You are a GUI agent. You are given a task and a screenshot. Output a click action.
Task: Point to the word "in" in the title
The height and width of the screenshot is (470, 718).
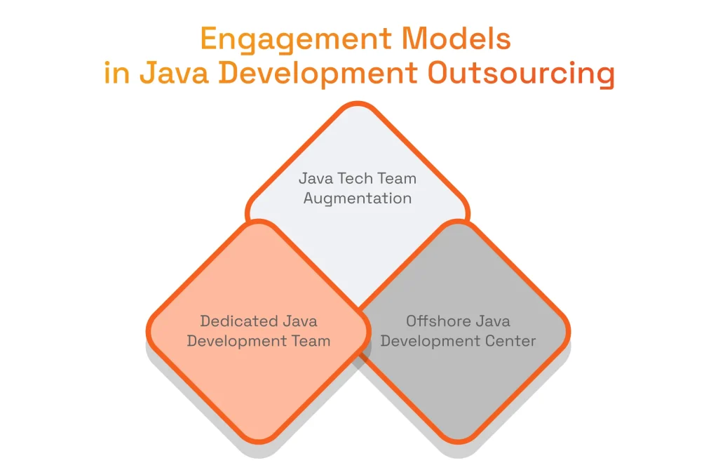116,74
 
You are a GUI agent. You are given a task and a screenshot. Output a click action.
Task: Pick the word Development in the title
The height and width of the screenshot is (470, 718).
322,74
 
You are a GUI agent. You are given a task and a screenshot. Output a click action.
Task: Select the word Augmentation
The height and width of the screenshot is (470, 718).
358,199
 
